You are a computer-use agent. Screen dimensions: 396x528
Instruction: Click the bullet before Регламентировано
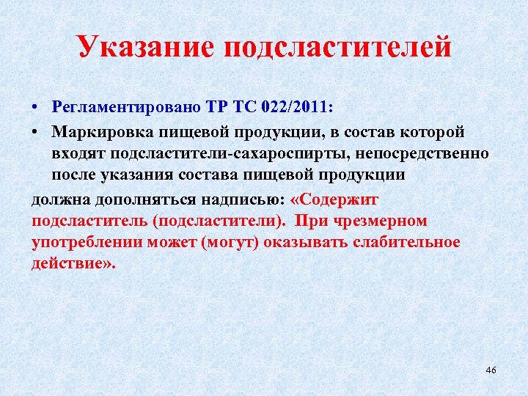pos(35,107)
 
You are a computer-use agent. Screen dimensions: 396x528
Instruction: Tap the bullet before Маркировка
pos(35,132)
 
